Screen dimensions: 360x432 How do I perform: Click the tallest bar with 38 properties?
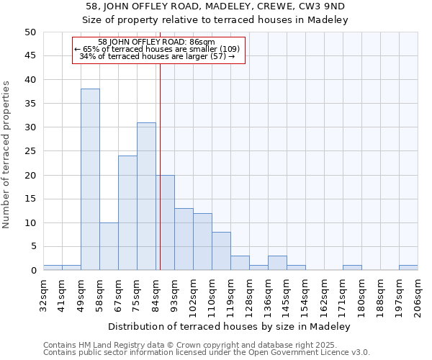coord(90,179)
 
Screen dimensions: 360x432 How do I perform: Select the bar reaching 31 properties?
coord(146,197)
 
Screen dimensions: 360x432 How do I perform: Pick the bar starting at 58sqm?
coord(109,246)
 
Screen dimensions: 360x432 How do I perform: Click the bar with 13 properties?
coord(184,239)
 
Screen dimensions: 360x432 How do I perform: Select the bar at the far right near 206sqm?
coord(408,268)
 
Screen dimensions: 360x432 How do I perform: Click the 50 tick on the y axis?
coord(30,32)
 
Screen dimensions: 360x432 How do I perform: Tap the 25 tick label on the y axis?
coord(30,151)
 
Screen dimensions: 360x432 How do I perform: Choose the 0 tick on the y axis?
coord(33,271)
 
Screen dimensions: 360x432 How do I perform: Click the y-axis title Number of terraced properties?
coord(6,154)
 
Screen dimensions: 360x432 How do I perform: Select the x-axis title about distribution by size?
coord(230,326)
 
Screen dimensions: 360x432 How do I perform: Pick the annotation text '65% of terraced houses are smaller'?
coord(158,49)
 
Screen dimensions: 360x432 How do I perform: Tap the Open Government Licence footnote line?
coord(207,353)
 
